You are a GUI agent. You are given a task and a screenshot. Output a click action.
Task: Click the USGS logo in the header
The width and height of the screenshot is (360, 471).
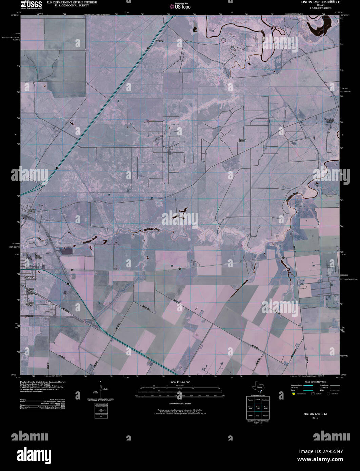click(x=32, y=4)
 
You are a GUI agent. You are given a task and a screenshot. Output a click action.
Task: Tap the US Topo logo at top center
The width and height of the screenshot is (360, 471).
click(x=180, y=6)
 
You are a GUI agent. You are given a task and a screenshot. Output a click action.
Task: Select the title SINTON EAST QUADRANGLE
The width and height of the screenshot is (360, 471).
click(x=315, y=2)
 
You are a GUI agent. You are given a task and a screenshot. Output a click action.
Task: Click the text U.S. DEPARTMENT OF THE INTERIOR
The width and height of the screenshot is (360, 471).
click(x=67, y=2)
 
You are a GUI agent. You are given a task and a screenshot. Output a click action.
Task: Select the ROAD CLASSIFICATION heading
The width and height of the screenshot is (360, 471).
click(x=315, y=382)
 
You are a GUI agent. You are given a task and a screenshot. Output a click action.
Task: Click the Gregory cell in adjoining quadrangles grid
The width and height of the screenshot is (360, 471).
click(x=265, y=415)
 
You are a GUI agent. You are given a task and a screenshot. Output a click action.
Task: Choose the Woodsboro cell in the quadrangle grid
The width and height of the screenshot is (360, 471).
click(x=265, y=400)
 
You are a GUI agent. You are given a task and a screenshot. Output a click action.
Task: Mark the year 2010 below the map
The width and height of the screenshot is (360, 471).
click(x=315, y=418)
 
